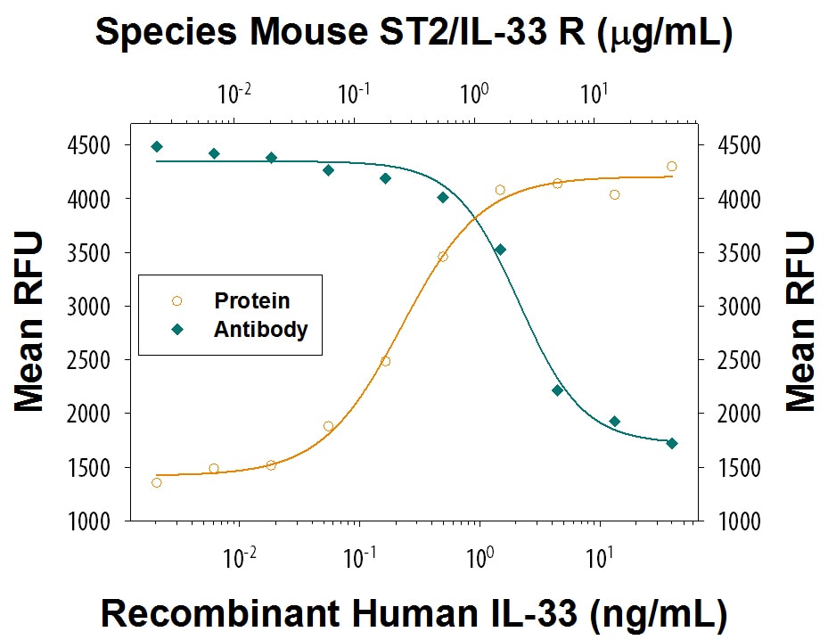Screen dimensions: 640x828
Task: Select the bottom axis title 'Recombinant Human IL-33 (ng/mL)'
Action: tap(413, 613)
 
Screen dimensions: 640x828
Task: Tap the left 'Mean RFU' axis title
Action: tap(29, 322)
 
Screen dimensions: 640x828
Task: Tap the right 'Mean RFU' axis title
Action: tap(799, 322)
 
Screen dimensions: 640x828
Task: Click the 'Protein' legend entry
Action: tap(251, 301)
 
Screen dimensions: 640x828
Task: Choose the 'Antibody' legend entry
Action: tap(260, 329)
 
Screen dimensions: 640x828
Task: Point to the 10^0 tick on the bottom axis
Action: tap(481, 559)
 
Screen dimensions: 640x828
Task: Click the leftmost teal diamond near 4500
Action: tap(157, 146)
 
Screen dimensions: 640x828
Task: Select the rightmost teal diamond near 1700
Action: tap(672, 443)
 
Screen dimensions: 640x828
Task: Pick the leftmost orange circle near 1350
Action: tap(157, 482)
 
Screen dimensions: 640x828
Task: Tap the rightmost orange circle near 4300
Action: tap(672, 166)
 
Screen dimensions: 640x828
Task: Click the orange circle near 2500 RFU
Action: tap(385, 361)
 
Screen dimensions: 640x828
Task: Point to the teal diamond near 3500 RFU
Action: tap(500, 250)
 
